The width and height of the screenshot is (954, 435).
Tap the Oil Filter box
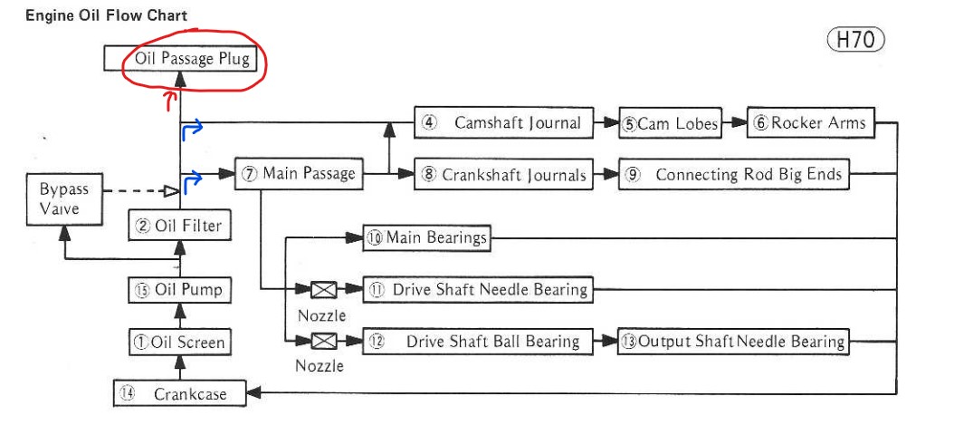178,226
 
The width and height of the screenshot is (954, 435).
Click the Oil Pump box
178,290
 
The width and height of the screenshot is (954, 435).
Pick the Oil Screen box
178,343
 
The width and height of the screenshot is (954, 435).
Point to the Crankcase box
180,393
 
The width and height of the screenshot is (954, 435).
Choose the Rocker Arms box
811,123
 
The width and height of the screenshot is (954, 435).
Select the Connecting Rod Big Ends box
735,175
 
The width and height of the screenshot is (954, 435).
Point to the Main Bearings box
427,238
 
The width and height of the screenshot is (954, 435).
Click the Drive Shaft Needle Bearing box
478,290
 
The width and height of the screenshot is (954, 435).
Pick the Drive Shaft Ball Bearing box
478,342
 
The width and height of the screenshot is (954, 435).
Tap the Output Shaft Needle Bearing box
734,342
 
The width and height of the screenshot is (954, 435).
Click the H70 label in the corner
855,40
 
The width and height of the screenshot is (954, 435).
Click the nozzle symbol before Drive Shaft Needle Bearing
323,290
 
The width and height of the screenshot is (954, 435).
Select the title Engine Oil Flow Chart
107,16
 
